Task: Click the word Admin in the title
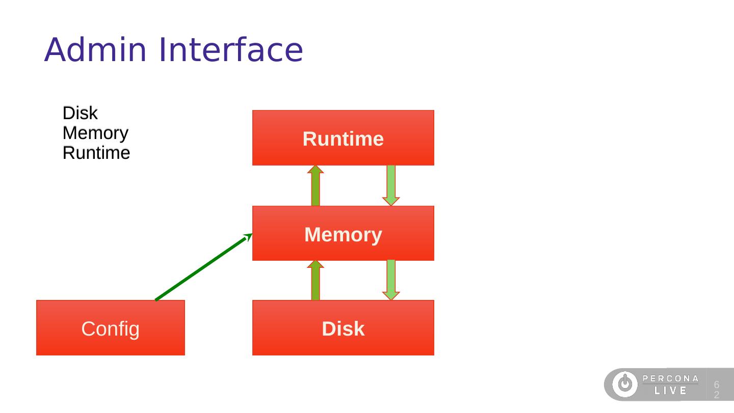(x=95, y=49)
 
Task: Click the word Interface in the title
(x=231, y=49)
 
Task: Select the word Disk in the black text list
(x=80, y=113)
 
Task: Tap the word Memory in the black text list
(x=95, y=133)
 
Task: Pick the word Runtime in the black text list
(x=96, y=153)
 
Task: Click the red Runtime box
(x=343, y=138)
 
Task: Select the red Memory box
(x=343, y=233)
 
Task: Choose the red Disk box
(x=343, y=327)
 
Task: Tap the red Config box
(x=111, y=327)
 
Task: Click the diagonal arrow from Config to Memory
(x=203, y=267)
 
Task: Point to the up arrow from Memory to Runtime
(x=316, y=185)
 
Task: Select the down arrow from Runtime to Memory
(x=391, y=185)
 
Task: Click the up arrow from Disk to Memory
(x=316, y=281)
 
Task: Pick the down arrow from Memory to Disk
(x=391, y=280)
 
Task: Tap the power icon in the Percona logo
(x=625, y=384)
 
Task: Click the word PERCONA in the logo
(x=670, y=379)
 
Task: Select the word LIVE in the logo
(x=670, y=391)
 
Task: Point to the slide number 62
(x=717, y=390)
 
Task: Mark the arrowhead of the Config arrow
(x=248, y=237)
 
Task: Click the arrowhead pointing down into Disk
(x=391, y=295)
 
